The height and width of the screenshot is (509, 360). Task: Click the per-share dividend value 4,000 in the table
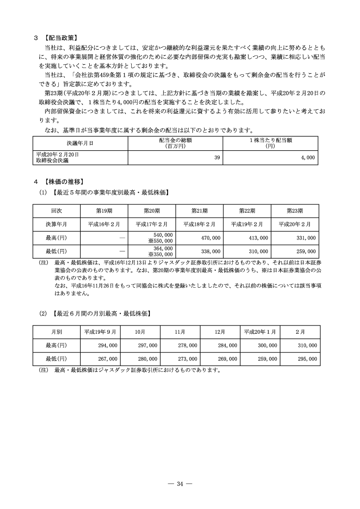tap(308, 157)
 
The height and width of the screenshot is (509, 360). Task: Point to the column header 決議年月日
tap(80, 143)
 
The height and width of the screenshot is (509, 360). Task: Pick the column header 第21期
tap(199, 211)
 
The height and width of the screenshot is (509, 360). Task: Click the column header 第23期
tap(295, 211)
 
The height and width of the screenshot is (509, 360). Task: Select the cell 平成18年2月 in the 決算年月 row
tap(199, 224)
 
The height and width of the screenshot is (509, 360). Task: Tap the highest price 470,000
tap(211, 238)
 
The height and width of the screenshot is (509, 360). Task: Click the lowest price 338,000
tap(211, 251)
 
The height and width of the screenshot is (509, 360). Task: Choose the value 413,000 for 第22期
tap(258, 238)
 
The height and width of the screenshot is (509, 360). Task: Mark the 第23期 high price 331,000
tap(306, 238)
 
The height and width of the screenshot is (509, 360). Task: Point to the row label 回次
tap(57, 211)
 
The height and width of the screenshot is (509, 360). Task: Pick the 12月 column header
tap(220, 332)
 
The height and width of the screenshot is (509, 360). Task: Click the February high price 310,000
tap(307, 346)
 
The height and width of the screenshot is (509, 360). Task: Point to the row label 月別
tap(57, 332)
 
